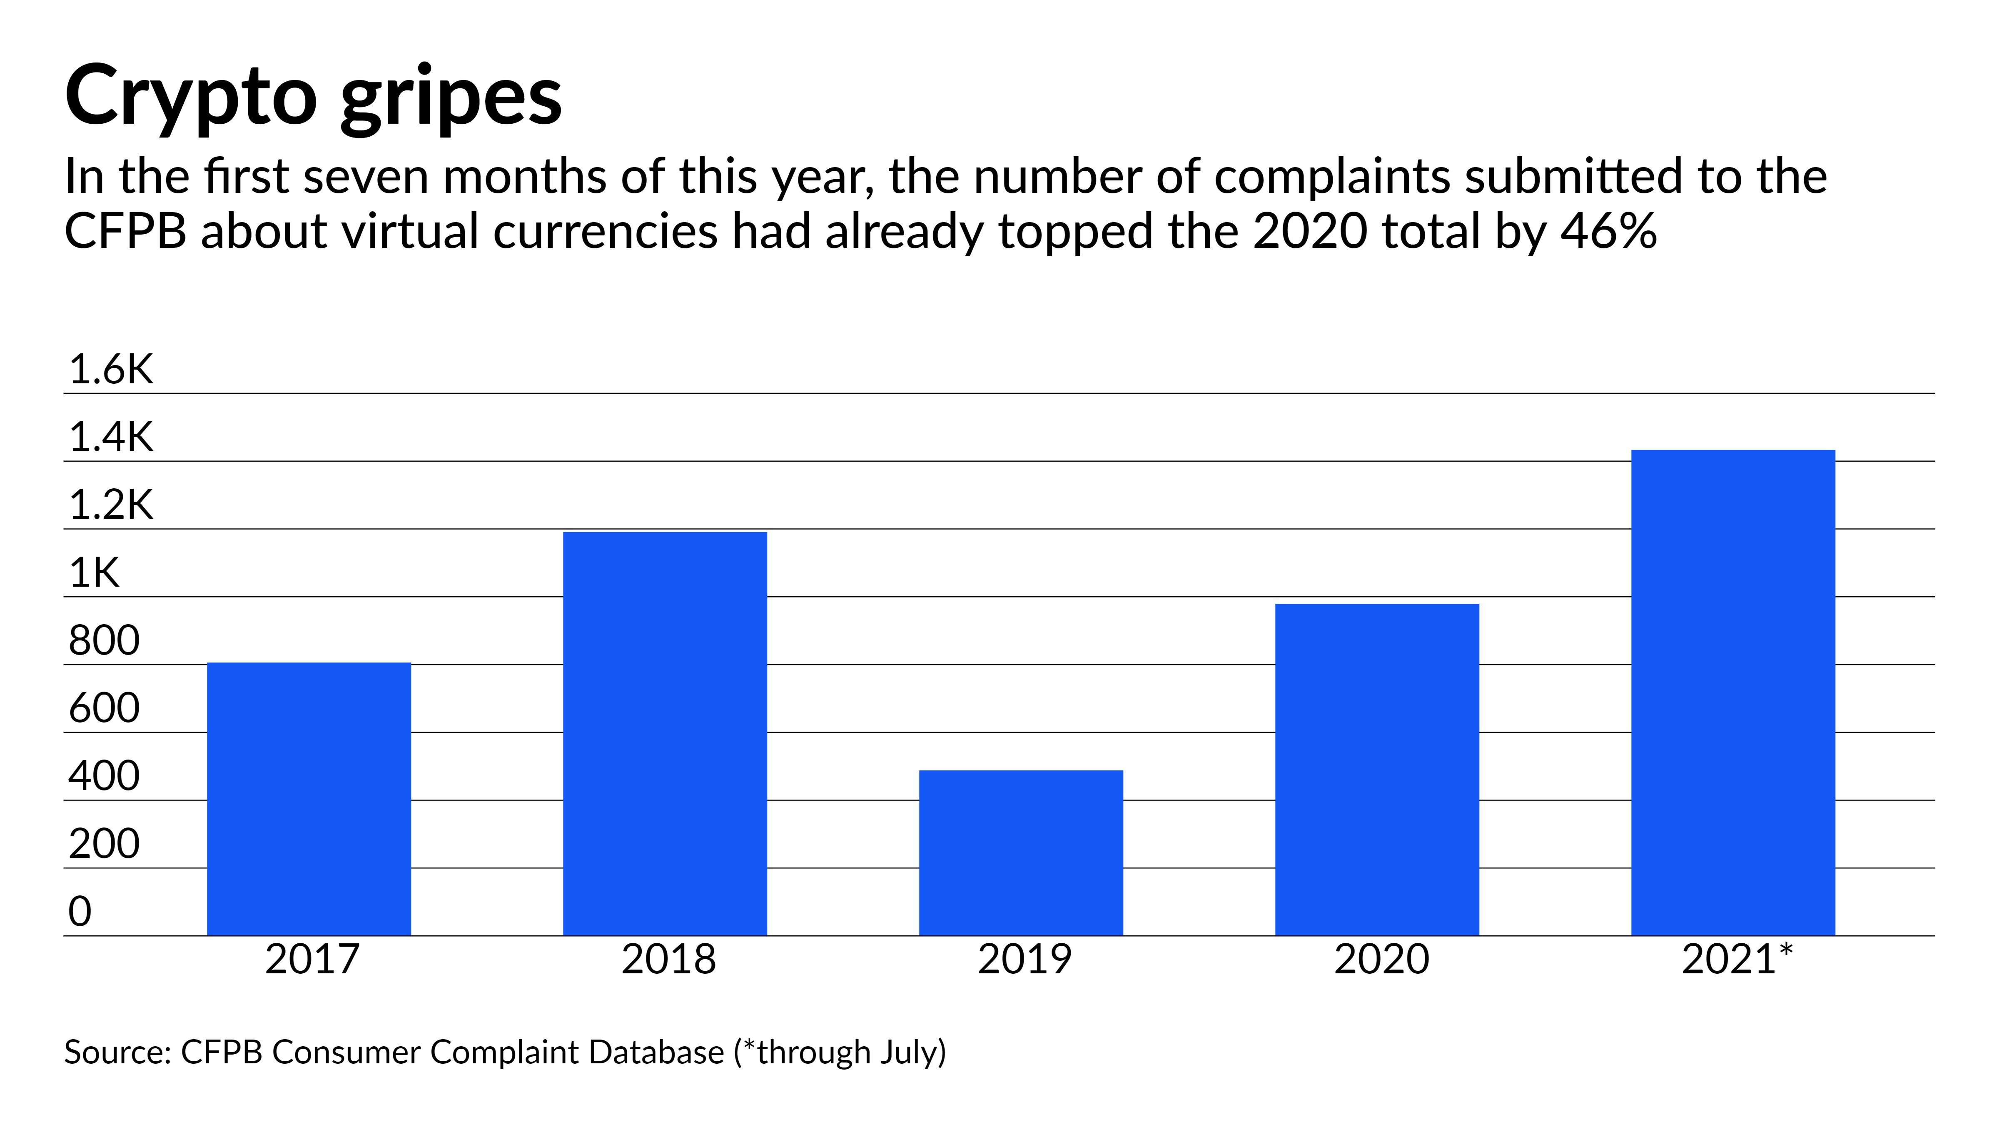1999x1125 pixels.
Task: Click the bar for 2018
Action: [665, 734]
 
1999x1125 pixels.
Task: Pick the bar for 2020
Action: [1377, 770]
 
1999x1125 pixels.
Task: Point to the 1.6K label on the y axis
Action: [111, 370]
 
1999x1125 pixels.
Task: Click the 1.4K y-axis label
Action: [111, 437]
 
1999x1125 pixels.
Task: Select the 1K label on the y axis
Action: [94, 573]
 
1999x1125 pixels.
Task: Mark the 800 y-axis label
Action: [104, 640]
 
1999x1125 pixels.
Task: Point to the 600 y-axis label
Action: [104, 708]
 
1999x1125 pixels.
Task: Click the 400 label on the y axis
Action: [104, 775]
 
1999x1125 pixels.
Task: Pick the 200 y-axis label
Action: [104, 844]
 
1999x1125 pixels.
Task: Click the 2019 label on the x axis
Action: [1024, 960]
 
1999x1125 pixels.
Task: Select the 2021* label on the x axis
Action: [1737, 960]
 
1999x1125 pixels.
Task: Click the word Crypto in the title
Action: [191, 97]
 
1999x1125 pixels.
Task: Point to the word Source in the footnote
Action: [117, 1053]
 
